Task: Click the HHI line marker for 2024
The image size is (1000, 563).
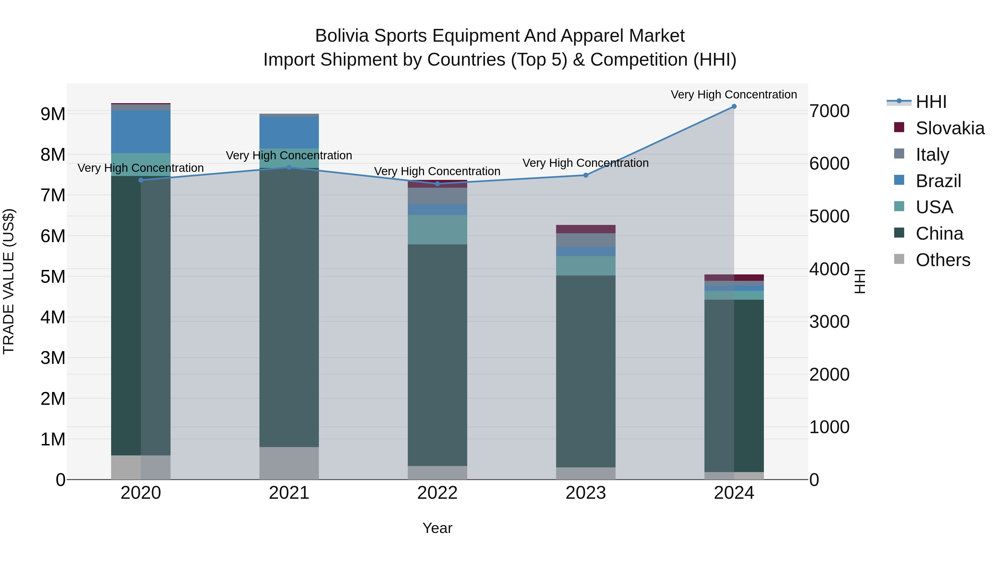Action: coord(734,106)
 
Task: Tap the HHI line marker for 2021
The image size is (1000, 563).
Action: coord(289,167)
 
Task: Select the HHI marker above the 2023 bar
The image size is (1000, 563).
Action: coord(586,175)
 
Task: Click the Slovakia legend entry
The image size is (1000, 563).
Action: coord(949,128)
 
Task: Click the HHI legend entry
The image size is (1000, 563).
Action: coord(931,102)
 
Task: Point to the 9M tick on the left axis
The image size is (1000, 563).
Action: coord(53,114)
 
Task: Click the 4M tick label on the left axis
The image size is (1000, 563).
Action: coord(53,318)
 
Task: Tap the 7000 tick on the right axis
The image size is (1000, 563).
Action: coord(829,111)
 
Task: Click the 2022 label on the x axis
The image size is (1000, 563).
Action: coord(437,493)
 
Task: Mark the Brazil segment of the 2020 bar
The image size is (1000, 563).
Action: coord(141,132)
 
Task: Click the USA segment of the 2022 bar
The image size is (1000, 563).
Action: coord(437,230)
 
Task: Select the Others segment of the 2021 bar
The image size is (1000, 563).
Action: coord(289,463)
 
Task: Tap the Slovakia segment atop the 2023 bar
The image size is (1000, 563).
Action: coord(586,229)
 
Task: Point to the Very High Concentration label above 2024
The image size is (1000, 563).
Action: coord(734,95)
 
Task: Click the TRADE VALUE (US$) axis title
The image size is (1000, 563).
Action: coord(9,281)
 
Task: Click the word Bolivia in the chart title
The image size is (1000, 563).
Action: coord(342,36)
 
